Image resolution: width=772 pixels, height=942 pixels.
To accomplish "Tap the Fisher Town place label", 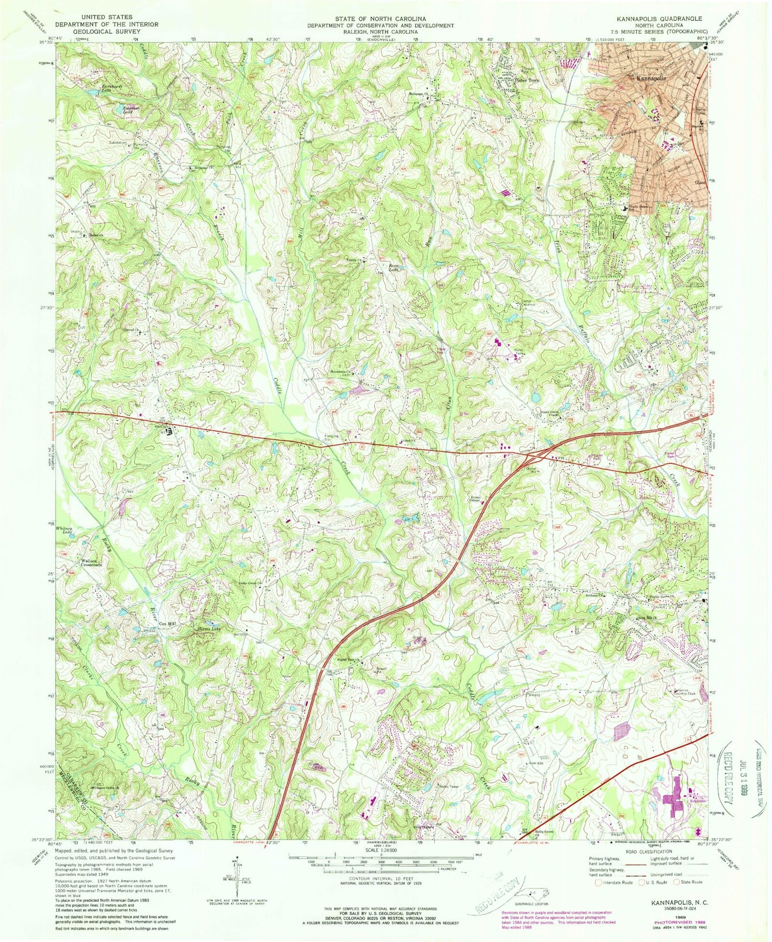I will click(527, 81).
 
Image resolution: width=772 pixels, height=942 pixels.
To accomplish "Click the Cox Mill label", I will click(168, 624).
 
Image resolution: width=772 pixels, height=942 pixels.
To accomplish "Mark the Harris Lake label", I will click(209, 629).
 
